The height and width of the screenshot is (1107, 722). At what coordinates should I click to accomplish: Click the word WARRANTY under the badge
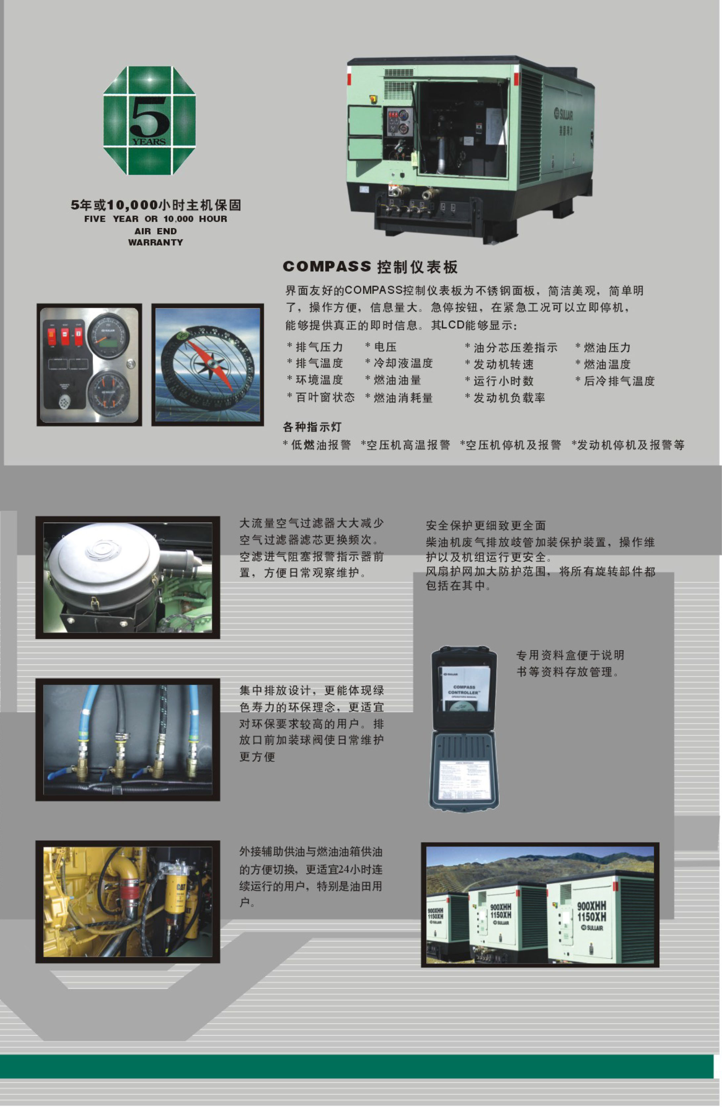tap(155, 242)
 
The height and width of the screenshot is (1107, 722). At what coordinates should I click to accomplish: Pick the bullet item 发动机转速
tap(503, 364)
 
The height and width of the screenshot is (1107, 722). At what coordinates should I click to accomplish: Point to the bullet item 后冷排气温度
tap(619, 381)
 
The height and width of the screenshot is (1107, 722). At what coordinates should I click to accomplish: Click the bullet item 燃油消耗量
tap(403, 398)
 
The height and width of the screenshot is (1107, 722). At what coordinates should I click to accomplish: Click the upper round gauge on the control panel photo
tap(108, 335)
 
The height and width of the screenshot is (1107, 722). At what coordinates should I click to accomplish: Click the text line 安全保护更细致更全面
tap(486, 526)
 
